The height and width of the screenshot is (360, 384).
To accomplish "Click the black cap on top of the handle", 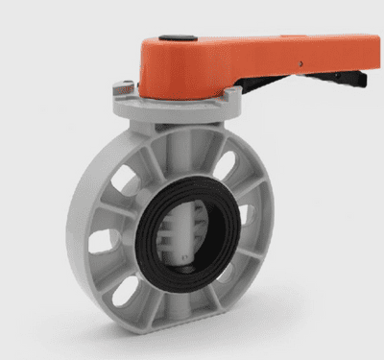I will (x=173, y=39).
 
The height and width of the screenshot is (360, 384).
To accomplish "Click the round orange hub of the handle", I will (x=173, y=67).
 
